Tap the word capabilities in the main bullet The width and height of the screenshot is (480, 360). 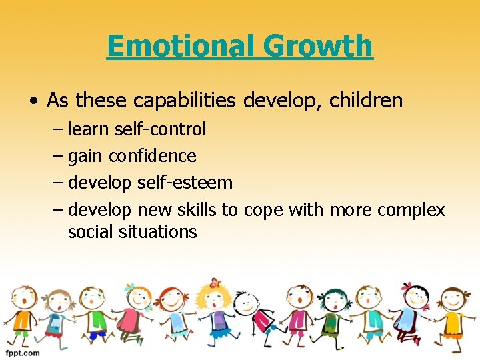click(x=185, y=101)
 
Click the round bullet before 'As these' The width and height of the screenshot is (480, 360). click(x=33, y=101)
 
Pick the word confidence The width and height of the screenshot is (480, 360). click(x=153, y=156)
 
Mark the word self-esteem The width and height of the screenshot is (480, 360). click(x=185, y=183)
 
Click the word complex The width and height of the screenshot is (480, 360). click(x=411, y=210)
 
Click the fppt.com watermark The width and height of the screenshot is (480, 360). click(x=21, y=353)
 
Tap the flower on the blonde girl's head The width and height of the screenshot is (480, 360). click(x=214, y=283)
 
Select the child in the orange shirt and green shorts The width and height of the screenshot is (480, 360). click(x=23, y=313)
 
